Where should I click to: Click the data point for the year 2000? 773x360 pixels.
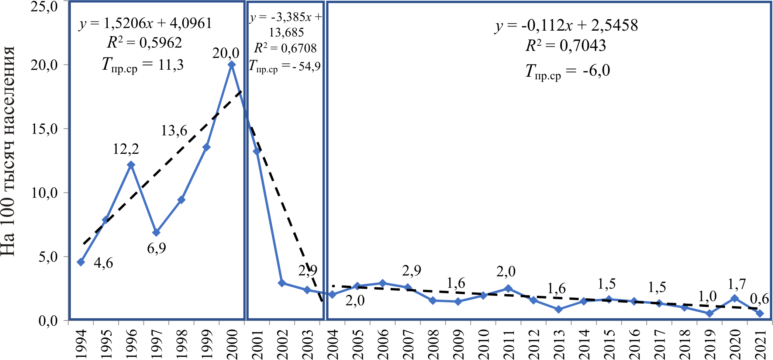click(232, 65)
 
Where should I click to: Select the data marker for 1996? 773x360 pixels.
click(131, 165)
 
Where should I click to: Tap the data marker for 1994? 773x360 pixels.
click(81, 262)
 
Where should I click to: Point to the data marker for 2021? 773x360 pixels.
click(760, 314)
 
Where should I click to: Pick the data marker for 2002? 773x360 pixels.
click(282, 283)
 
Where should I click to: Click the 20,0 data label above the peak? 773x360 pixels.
click(226, 53)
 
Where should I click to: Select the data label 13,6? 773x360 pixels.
click(174, 131)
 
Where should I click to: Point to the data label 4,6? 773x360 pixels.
click(103, 263)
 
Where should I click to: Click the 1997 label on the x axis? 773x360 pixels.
click(156, 344)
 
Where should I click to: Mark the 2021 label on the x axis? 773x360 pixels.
click(760, 344)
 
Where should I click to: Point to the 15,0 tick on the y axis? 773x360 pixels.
click(44, 129)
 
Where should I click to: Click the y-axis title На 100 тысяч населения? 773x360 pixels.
click(8, 151)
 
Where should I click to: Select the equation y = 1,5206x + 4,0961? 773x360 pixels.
click(145, 24)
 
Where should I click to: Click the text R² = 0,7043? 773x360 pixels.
click(566, 46)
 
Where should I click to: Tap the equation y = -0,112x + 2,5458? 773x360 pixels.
click(566, 25)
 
